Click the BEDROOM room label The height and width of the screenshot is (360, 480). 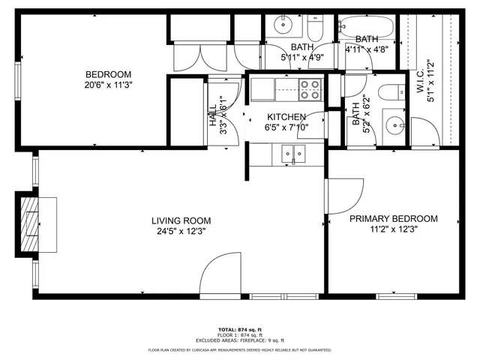click(108, 74)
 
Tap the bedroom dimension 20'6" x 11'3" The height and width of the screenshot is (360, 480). click(108, 85)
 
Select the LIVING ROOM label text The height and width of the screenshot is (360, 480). click(181, 220)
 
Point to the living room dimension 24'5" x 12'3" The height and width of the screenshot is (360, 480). click(181, 231)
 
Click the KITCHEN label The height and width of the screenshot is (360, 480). click(286, 117)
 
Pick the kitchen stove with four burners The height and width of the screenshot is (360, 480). click(310, 90)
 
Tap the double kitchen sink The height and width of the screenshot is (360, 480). click(289, 154)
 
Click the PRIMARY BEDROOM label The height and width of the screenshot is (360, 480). click(393, 219)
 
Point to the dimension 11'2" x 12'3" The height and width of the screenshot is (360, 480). click(393, 230)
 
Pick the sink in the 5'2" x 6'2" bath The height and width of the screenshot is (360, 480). click(394, 124)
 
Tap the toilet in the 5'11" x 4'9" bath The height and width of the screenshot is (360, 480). click(314, 28)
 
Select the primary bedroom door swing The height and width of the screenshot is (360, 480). click(341, 195)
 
